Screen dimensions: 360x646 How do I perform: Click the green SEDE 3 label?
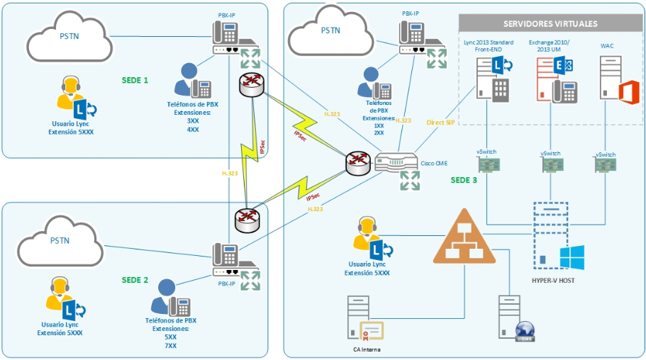click(x=464, y=180)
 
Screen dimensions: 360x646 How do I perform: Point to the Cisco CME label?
click(x=434, y=163)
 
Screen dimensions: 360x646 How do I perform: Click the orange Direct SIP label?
click(x=440, y=122)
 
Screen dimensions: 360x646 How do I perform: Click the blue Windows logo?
click(x=572, y=258)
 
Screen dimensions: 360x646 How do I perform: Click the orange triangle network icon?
click(x=464, y=237)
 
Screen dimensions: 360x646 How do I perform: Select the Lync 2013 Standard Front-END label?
click(x=489, y=46)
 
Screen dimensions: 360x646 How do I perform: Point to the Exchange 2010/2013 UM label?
click(x=554, y=46)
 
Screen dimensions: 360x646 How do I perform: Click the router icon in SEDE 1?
click(x=252, y=86)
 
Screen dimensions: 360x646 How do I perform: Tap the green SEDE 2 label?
click(x=135, y=280)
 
